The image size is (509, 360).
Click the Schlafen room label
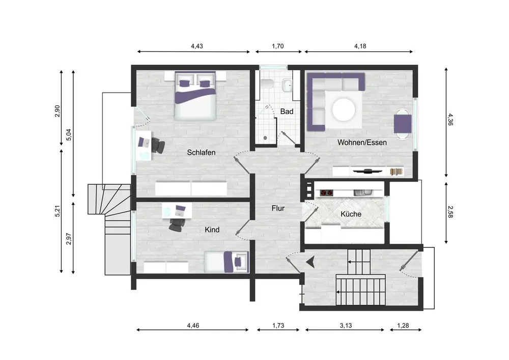[201, 152]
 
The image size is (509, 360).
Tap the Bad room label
[287, 112]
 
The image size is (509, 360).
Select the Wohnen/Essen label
[362, 142]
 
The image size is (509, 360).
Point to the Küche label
[351, 214]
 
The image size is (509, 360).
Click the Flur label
[278, 208]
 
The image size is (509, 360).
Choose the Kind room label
[212, 230]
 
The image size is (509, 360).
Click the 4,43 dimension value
[196, 46]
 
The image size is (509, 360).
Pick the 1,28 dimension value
[403, 325]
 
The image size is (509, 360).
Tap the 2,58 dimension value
[450, 212]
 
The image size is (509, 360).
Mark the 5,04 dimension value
[69, 135]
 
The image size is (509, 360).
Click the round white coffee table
[344, 109]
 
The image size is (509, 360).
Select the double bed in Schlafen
[195, 96]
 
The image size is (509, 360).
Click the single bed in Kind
[227, 262]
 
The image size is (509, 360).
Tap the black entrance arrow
[310, 262]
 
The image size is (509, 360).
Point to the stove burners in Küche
[327, 193]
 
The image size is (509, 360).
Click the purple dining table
[403, 124]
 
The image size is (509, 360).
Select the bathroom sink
[287, 86]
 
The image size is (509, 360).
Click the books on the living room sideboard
[396, 172]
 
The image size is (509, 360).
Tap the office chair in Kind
[177, 225]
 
